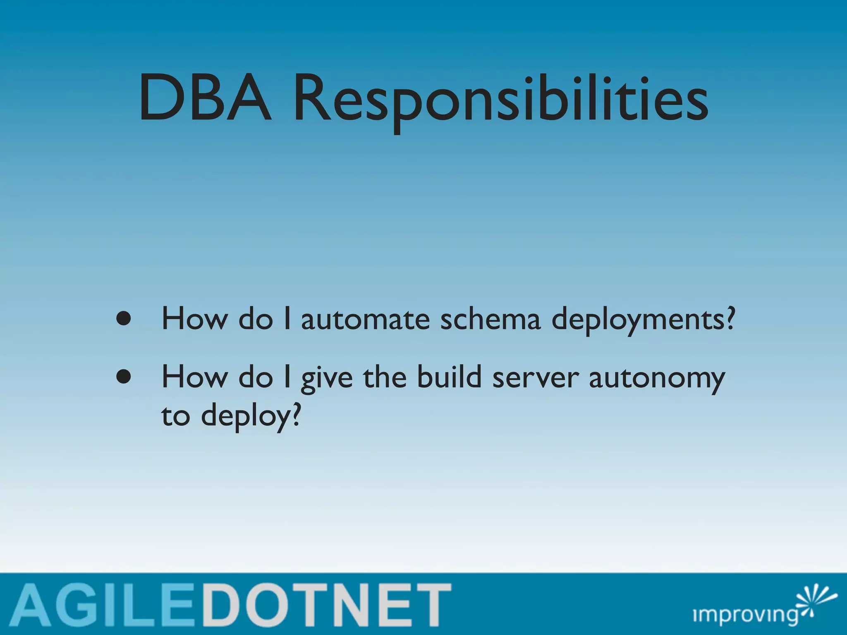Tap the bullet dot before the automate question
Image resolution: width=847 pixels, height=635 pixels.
tap(124, 319)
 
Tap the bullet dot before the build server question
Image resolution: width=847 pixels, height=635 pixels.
tap(124, 377)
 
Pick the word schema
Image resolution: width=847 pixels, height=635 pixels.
tap(490, 320)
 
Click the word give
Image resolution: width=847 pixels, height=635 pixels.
tap(327, 379)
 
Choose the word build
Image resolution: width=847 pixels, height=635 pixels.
tap(449, 377)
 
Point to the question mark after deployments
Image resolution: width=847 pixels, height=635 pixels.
tap(730, 319)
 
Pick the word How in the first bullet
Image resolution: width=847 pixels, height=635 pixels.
tap(194, 319)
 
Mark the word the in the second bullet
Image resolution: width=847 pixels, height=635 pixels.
tap(385, 377)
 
